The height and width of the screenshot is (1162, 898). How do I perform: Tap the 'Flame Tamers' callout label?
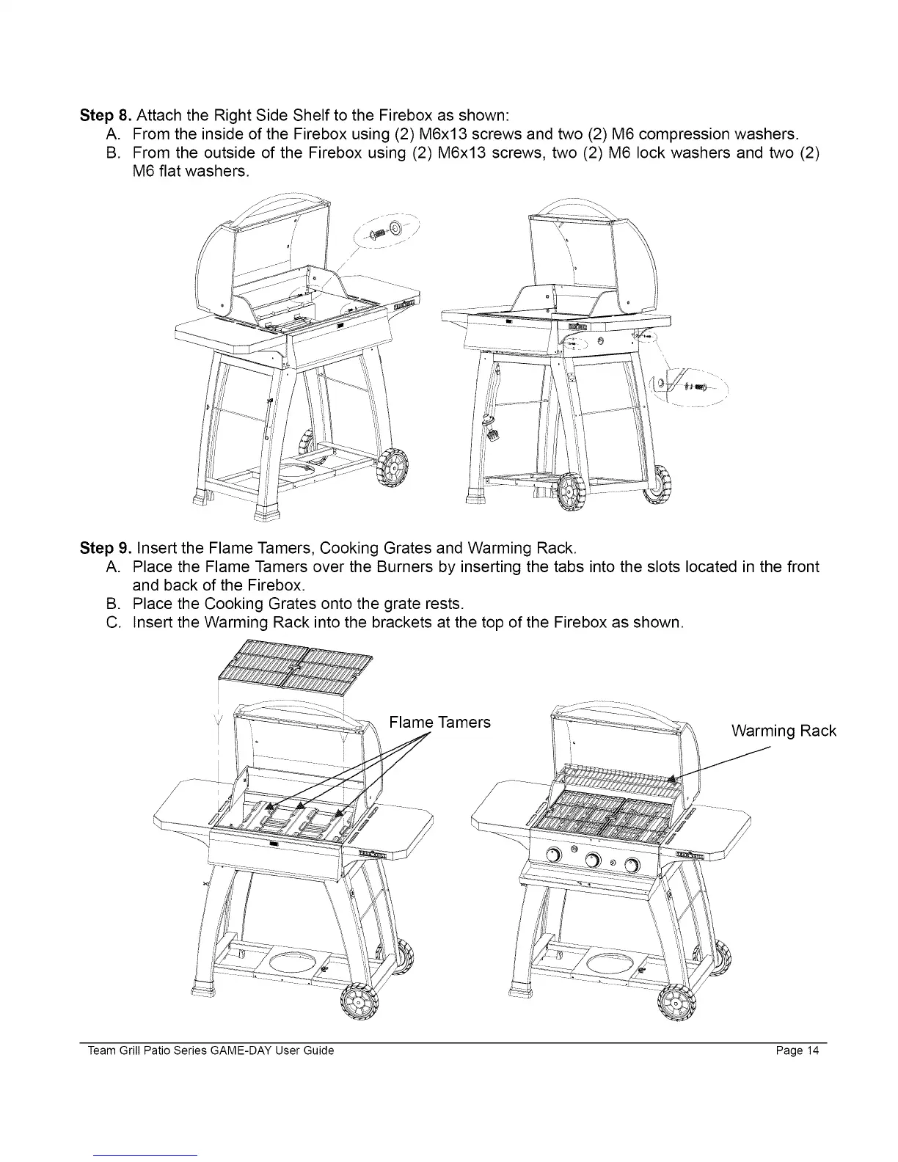(x=439, y=723)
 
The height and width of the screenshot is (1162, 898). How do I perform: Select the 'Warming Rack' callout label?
(x=784, y=731)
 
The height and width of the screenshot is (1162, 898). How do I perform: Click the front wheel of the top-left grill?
(x=393, y=467)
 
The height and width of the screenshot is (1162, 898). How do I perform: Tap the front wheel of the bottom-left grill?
(x=359, y=1001)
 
